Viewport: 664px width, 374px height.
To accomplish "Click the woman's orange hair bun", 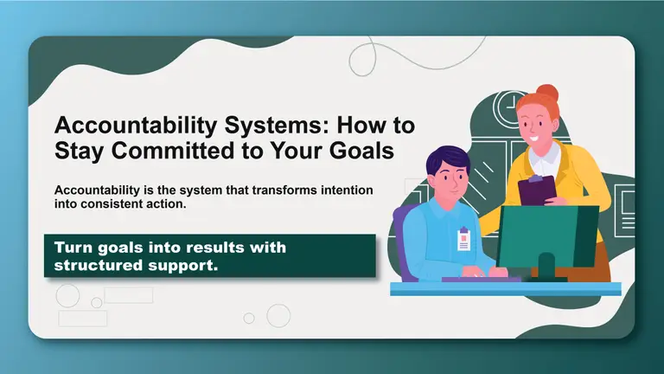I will click(x=546, y=93).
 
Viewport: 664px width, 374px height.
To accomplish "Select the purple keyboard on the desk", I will click(x=481, y=279).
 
